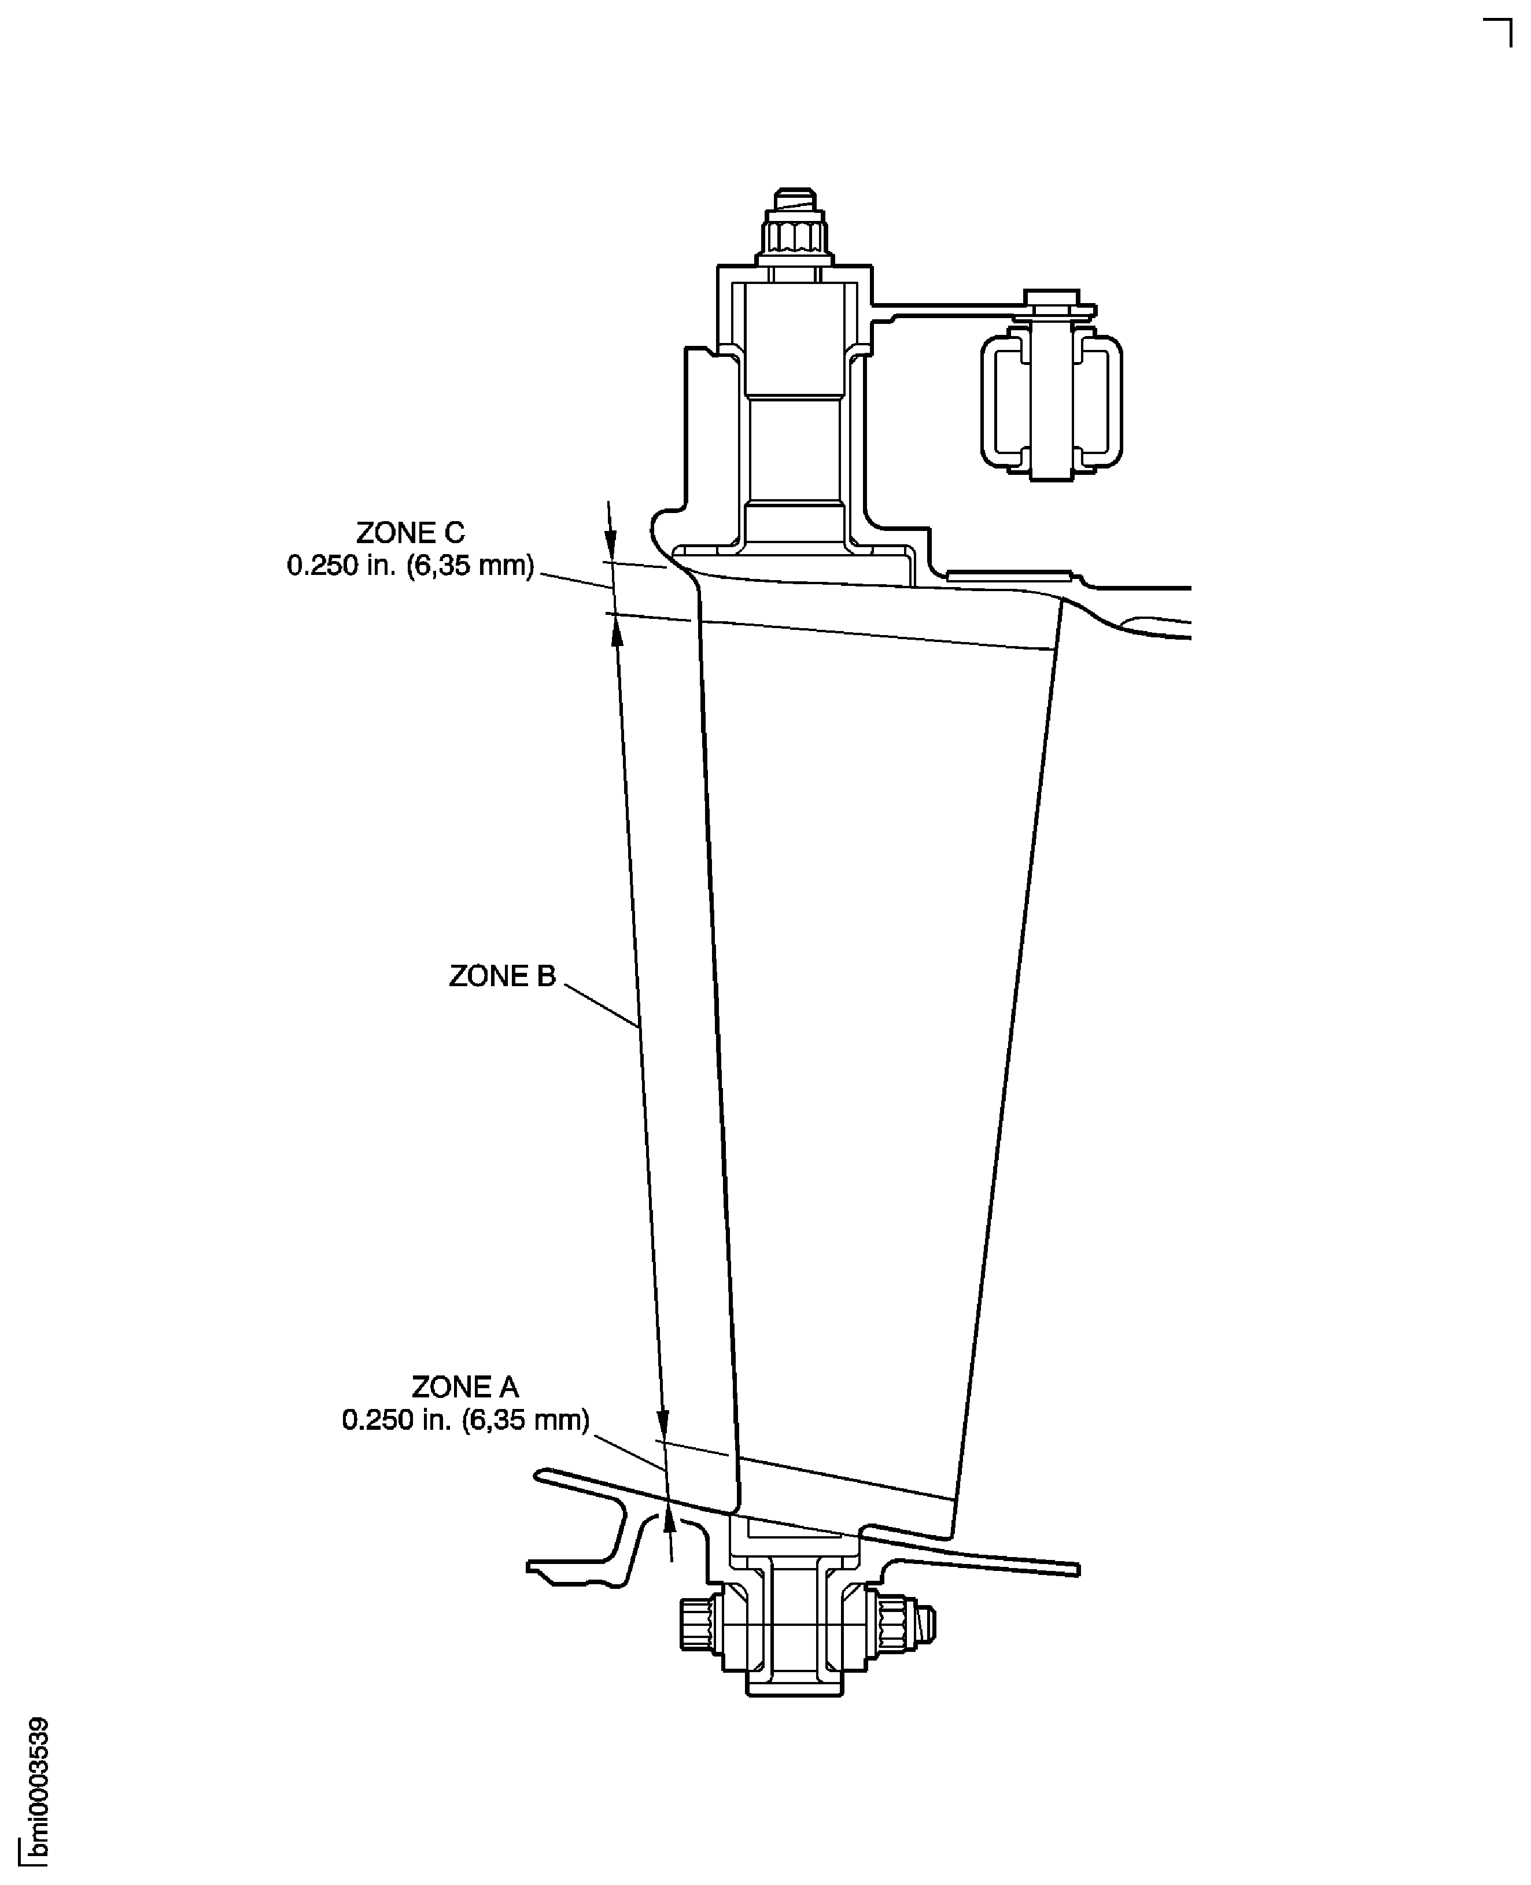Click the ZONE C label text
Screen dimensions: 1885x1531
(410, 533)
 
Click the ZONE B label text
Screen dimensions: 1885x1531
(502, 976)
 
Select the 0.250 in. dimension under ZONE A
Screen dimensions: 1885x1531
(465, 1420)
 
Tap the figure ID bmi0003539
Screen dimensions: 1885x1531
(37, 1791)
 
